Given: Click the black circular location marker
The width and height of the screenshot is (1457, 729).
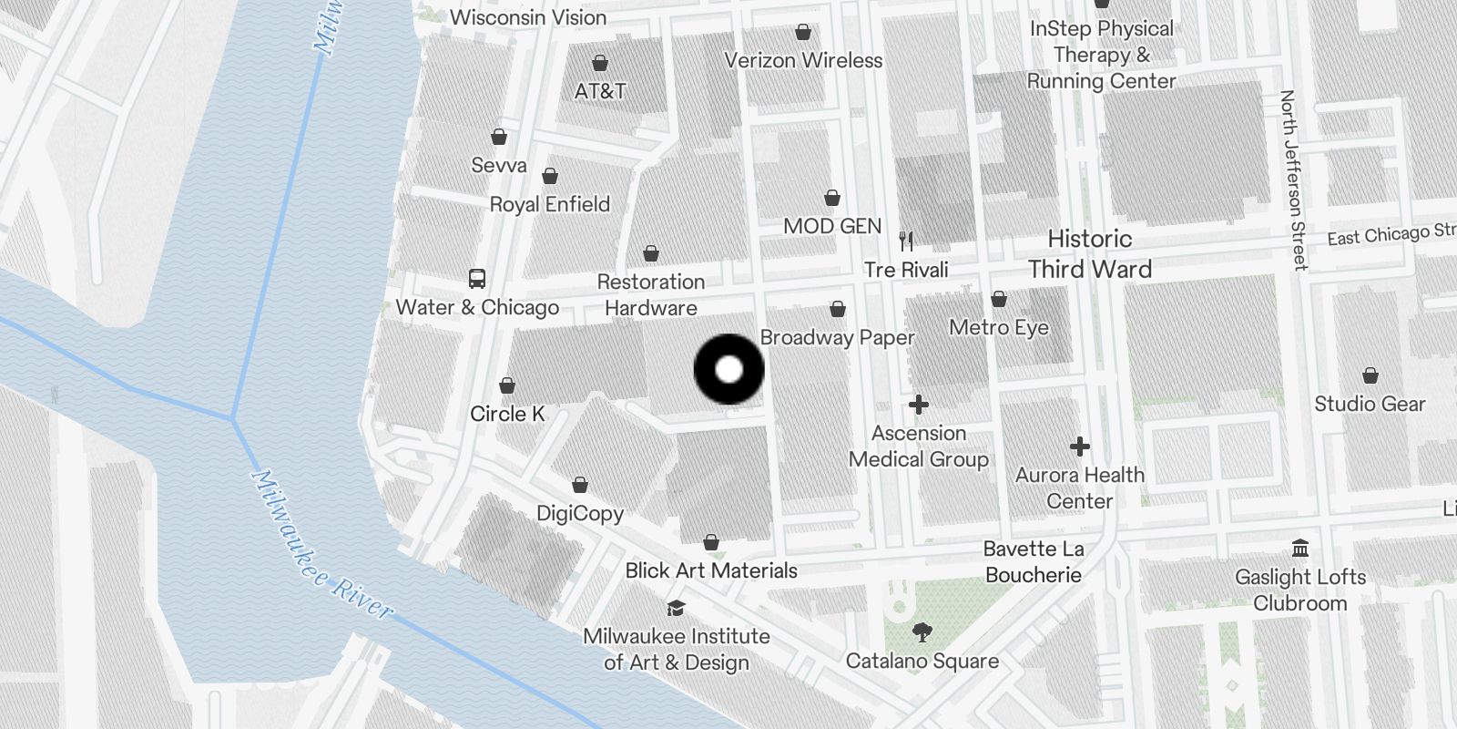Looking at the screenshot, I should pyautogui.click(x=728, y=369).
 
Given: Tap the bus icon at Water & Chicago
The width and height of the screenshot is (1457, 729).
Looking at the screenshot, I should pyautogui.click(x=476, y=279).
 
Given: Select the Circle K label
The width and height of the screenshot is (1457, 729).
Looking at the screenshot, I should pyautogui.click(x=507, y=414).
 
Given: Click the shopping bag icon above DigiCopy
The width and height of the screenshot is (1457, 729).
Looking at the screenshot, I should pyautogui.click(x=580, y=485).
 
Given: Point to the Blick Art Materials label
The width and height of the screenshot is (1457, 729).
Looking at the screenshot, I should pyautogui.click(x=711, y=570).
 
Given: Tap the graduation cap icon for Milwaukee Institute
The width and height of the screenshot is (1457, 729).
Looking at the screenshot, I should pyautogui.click(x=676, y=608).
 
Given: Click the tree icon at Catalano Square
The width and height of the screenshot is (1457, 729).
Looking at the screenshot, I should pyautogui.click(x=922, y=632).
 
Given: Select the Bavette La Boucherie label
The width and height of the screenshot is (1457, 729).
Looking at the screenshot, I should pyautogui.click(x=1034, y=561).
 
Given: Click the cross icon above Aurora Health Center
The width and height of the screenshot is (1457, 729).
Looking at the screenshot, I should pyautogui.click(x=1079, y=447).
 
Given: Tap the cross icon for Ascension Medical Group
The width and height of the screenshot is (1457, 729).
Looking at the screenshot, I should pyautogui.click(x=918, y=405).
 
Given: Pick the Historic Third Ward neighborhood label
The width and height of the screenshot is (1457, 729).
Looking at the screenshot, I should pyautogui.click(x=1089, y=254).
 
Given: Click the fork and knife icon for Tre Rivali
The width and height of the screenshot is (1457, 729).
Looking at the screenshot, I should pyautogui.click(x=906, y=241).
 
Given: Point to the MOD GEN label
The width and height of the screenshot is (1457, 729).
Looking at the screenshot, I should pyautogui.click(x=832, y=226).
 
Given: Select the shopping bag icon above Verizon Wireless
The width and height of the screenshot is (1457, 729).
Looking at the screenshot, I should pyautogui.click(x=803, y=33).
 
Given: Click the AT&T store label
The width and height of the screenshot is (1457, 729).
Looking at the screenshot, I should pyautogui.click(x=600, y=91).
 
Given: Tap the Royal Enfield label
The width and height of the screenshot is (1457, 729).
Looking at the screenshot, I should pyautogui.click(x=550, y=204).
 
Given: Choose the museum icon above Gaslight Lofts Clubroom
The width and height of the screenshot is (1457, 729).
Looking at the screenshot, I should pyautogui.click(x=1300, y=549).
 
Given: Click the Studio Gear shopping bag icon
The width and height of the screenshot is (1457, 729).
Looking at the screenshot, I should pyautogui.click(x=1370, y=375).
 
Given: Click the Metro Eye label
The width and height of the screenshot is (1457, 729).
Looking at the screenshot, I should pyautogui.click(x=999, y=327).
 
